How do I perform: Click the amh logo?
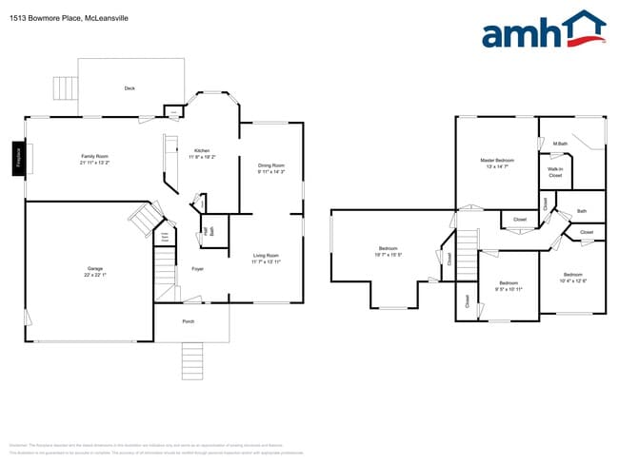543,30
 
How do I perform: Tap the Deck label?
130,88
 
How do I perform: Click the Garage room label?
95,269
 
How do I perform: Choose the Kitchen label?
202,151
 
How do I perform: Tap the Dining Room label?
271,165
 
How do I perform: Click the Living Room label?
266,255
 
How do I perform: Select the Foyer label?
198,269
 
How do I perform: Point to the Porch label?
189,321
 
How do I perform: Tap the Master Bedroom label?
497,161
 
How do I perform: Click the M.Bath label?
560,144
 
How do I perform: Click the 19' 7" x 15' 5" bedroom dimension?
389,255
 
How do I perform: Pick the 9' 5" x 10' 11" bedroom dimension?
509,288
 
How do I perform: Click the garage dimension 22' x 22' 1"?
95,275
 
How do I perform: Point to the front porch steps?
192,360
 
